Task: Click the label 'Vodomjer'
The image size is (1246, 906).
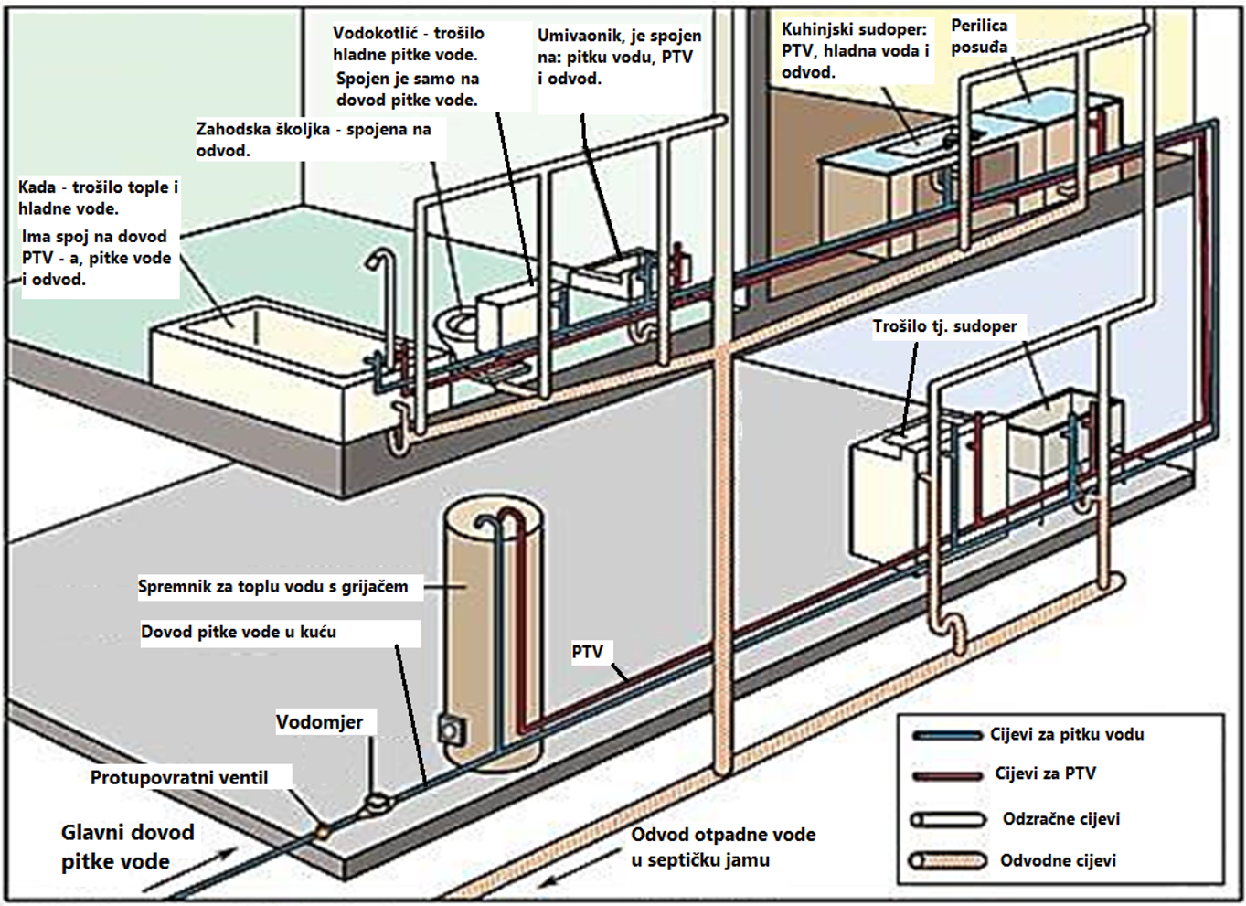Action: coord(319,722)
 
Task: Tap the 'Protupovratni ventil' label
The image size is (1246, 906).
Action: coord(179,778)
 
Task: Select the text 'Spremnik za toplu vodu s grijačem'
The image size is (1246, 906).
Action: coord(273,587)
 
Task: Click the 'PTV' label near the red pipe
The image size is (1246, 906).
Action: coord(587,652)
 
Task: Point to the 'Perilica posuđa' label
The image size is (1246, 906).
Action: coord(979,37)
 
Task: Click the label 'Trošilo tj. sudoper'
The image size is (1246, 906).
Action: coord(944,326)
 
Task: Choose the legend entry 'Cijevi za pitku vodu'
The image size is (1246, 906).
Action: coord(1066,734)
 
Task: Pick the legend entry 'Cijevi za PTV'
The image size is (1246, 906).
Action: coord(1045,773)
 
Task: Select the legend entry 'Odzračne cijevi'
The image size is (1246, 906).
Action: coord(1060,819)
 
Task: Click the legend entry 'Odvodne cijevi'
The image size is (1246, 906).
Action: coord(1058,860)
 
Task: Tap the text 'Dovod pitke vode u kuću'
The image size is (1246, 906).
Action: coord(239,632)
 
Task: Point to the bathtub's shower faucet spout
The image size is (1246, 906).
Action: coord(374,260)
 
